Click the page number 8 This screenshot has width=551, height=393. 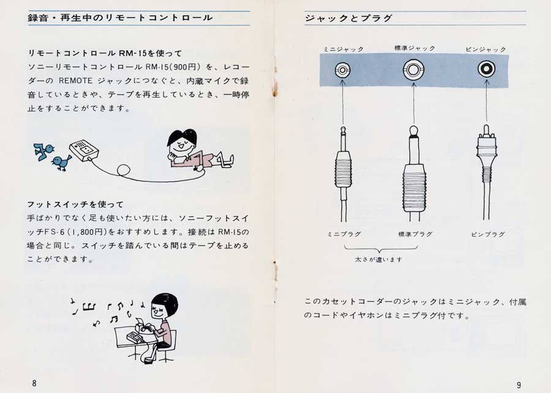(34, 383)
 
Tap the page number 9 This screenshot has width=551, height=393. (519, 385)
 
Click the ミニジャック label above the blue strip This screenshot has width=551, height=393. (343, 49)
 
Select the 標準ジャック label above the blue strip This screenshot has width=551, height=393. (414, 48)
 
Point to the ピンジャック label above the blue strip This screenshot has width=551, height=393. (485, 49)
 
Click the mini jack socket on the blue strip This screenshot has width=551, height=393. (343, 70)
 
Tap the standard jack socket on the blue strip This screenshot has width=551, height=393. (414, 70)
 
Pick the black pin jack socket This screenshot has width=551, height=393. (486, 69)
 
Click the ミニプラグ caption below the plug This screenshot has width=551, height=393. (344, 234)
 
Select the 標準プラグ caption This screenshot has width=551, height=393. (415, 234)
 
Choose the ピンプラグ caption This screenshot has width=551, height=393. (488, 234)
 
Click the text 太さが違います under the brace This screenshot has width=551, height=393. (378, 260)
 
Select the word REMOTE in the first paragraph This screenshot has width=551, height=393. (75, 81)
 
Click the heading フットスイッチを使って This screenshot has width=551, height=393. (75, 204)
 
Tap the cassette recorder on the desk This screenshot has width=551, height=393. (135, 337)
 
